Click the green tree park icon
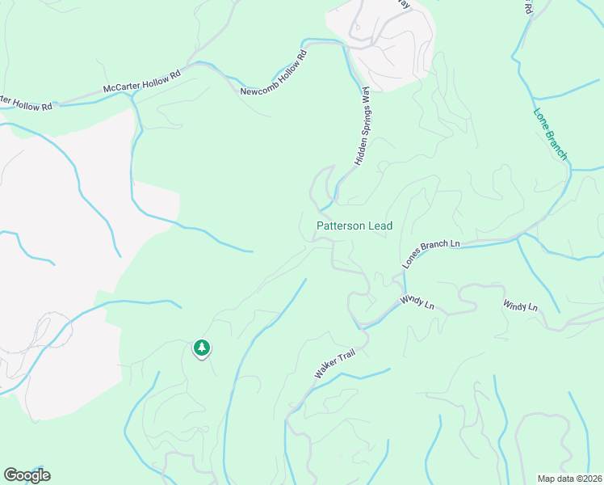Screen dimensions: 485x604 click(x=201, y=348)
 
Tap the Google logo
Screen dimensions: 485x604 click(x=27, y=475)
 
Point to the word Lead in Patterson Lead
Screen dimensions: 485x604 click(x=380, y=226)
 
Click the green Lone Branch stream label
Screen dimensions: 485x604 click(x=551, y=134)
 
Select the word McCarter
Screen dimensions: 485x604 click(x=124, y=86)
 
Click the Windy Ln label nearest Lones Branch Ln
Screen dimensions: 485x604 click(x=418, y=302)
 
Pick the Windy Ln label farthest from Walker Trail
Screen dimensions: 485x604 click(x=520, y=306)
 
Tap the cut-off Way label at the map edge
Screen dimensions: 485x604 click(x=405, y=5)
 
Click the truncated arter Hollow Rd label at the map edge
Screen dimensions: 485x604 click(x=26, y=103)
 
